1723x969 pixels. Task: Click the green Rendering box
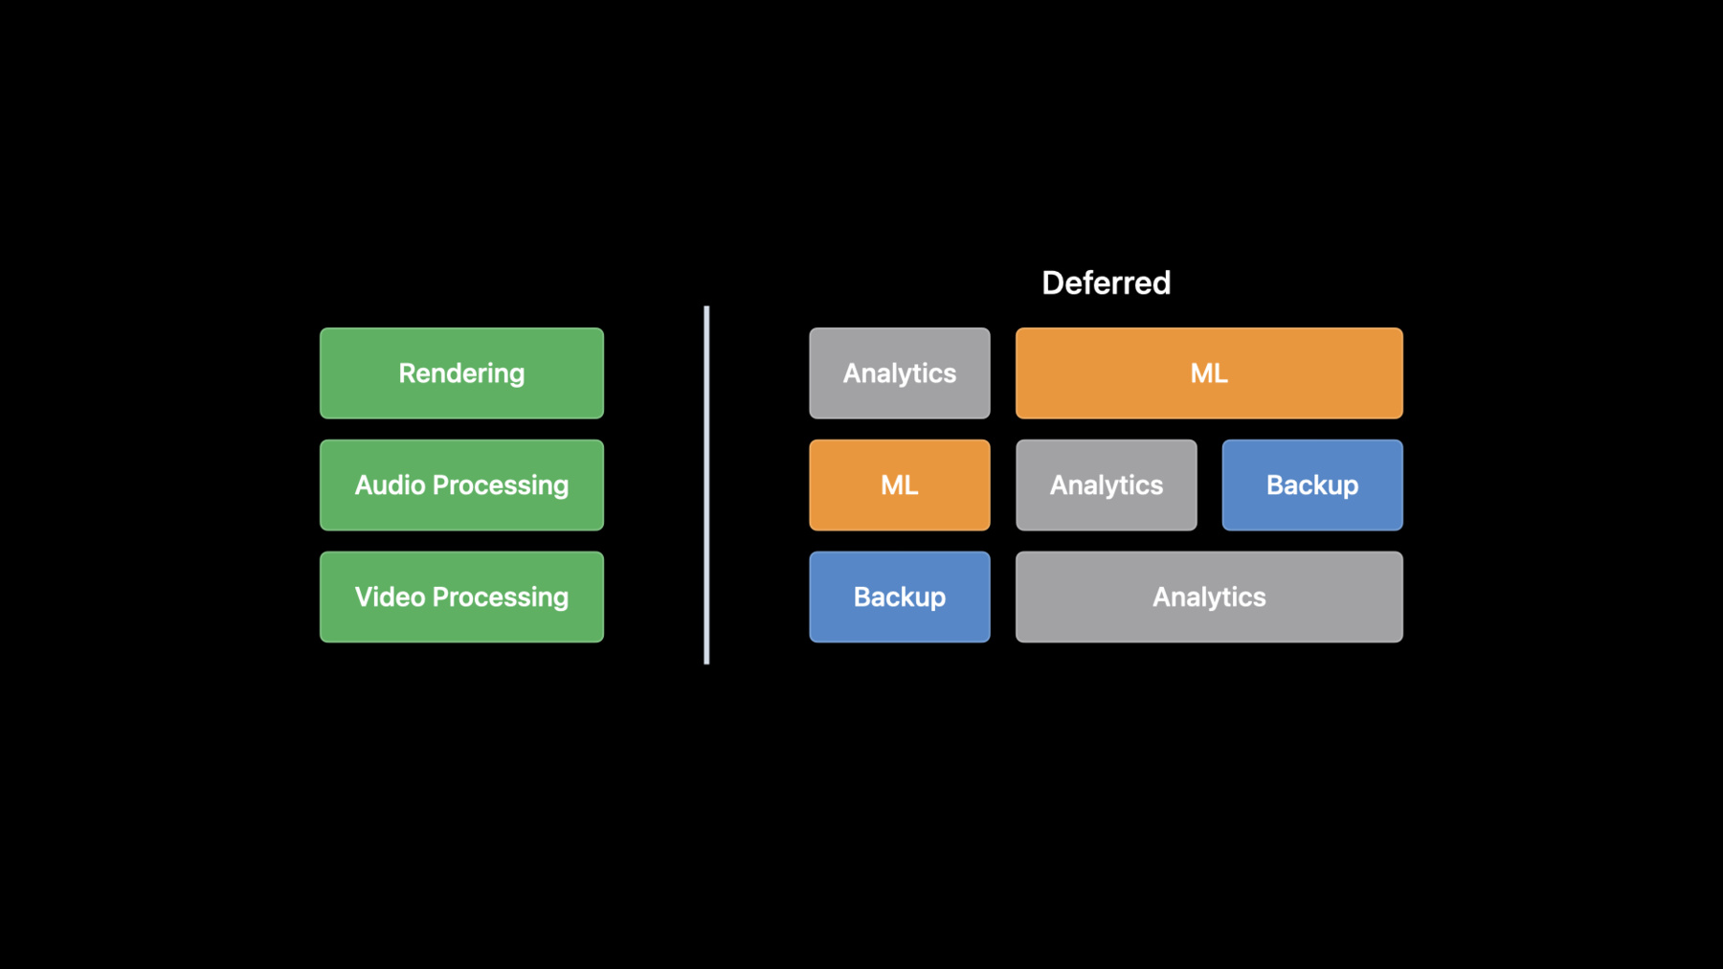(461, 373)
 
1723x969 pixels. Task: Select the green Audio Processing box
(461, 485)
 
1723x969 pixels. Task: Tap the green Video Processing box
(461, 597)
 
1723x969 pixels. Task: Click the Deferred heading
(1106, 283)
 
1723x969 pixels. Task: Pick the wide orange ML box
(1209, 373)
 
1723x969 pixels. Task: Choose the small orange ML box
(900, 485)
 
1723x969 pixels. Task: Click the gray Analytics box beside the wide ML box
(900, 373)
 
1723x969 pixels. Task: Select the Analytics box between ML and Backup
(1107, 485)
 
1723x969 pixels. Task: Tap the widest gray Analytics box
(1209, 597)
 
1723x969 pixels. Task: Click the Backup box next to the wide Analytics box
(900, 597)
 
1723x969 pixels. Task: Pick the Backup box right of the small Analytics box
(1312, 485)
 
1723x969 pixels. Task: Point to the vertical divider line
(706, 485)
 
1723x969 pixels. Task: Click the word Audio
(390, 485)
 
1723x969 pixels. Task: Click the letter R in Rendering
(407, 373)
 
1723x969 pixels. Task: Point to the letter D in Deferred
(1052, 283)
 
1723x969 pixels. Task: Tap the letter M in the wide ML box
(1201, 373)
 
